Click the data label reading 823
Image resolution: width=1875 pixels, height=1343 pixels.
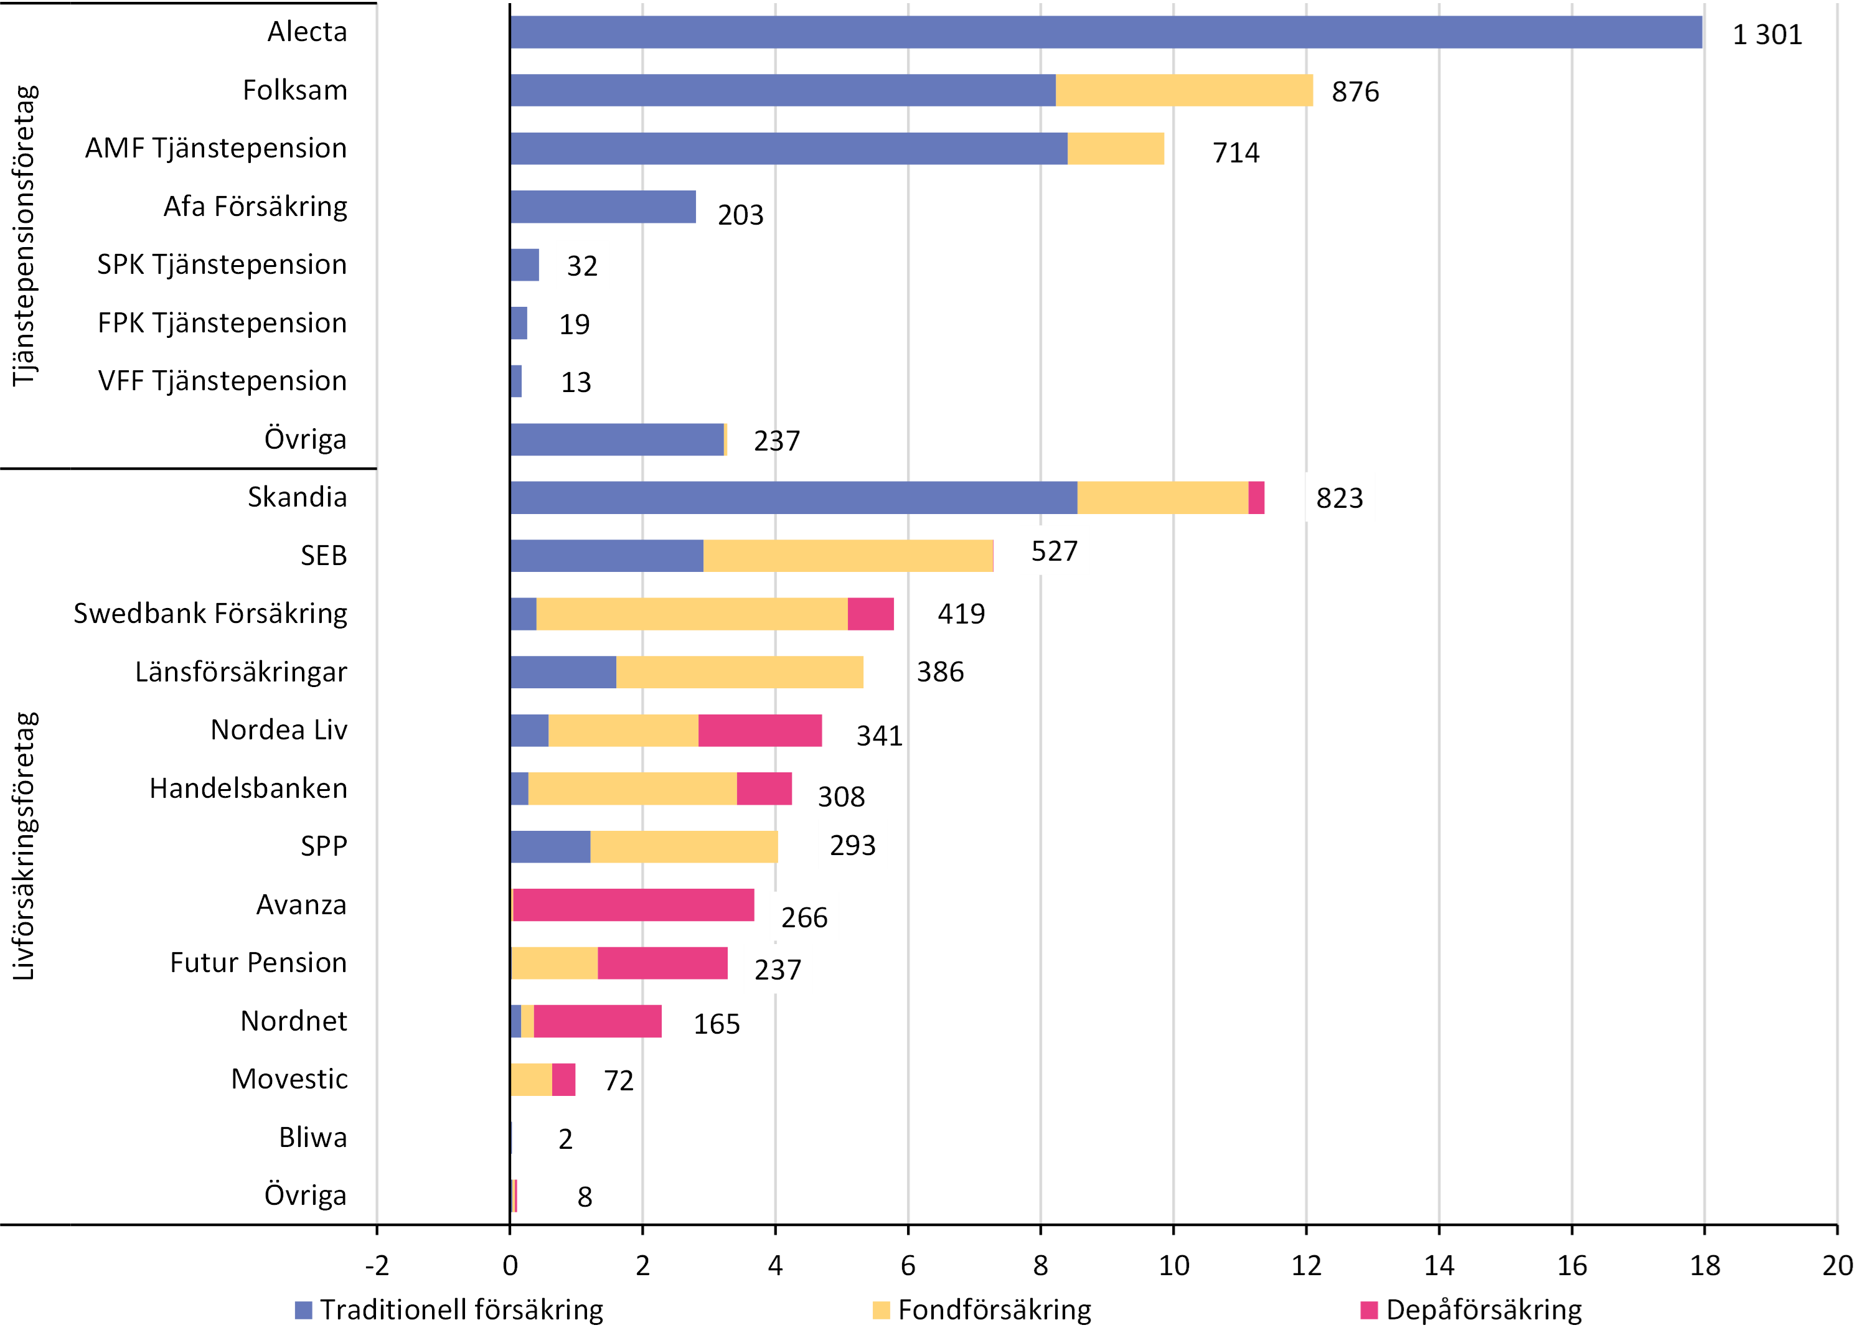(x=1340, y=497)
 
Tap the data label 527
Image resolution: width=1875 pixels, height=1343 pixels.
(x=1054, y=550)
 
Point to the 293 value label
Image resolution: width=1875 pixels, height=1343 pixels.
(x=852, y=845)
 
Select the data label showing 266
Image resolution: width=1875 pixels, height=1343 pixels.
(x=804, y=917)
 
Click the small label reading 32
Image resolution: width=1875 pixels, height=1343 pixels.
(x=582, y=265)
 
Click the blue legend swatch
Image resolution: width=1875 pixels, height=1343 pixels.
(x=303, y=1310)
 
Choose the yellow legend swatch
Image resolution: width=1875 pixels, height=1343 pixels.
(x=881, y=1310)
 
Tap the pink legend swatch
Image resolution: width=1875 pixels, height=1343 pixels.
(x=1369, y=1310)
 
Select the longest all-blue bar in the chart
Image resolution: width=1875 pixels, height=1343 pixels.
(x=1106, y=32)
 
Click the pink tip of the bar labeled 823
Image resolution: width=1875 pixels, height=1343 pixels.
(x=1257, y=497)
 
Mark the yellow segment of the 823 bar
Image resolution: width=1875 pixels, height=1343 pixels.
(x=1162, y=497)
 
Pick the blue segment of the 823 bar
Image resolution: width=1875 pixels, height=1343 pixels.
(x=794, y=497)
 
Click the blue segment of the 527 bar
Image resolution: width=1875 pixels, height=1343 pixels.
(x=607, y=555)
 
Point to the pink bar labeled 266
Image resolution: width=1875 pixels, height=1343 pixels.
(x=634, y=905)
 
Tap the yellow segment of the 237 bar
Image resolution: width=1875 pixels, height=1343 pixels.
(x=555, y=963)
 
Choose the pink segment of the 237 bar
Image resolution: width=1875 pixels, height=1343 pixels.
(x=663, y=963)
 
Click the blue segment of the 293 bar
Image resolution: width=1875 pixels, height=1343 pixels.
(x=550, y=847)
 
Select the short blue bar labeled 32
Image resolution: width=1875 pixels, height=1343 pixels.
(x=525, y=265)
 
